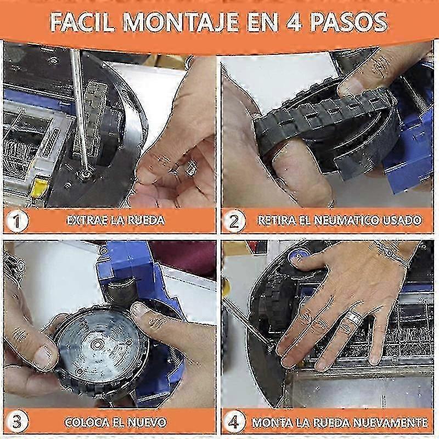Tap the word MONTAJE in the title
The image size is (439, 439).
pos(181,22)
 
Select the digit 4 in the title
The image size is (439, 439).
pos(294,22)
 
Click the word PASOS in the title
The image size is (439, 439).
pos(349,22)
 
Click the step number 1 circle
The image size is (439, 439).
pos(17,221)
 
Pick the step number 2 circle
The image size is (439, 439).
pos(234,221)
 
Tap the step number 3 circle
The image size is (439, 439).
pos(17,421)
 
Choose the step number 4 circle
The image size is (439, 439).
pos(234,421)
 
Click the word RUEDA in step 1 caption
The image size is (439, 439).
pos(145,221)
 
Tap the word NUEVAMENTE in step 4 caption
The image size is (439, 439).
pos(390,422)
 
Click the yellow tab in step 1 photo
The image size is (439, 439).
pos(39,187)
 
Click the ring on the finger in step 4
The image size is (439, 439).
pos(354,317)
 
